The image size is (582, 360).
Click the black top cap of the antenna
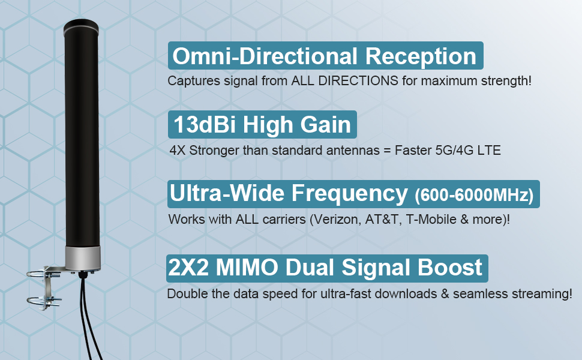(x=81, y=27)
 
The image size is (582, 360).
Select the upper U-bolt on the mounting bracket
(x=43, y=274)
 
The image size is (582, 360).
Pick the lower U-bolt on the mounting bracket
(x=44, y=301)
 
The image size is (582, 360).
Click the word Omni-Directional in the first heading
(x=265, y=56)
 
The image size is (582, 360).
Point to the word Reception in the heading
(x=421, y=56)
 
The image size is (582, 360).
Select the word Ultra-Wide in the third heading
(x=227, y=193)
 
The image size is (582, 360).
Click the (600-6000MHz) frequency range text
(x=474, y=195)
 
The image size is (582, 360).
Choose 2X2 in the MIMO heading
(x=188, y=267)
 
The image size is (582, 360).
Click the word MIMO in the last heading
(x=247, y=267)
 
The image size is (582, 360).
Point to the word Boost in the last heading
(x=450, y=267)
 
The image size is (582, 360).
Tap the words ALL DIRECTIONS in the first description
(x=344, y=80)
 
